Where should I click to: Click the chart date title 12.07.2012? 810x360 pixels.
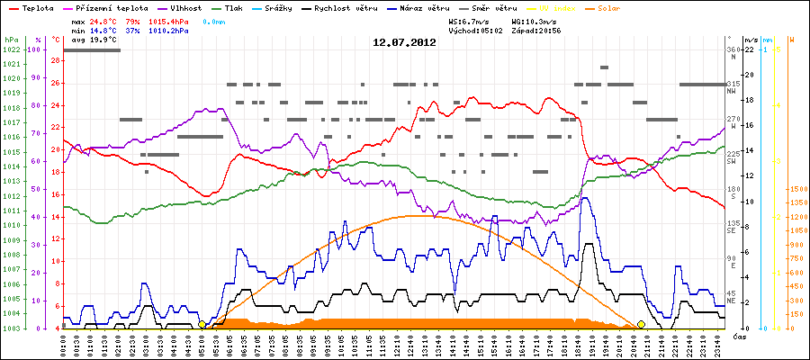pyautogui.click(x=404, y=42)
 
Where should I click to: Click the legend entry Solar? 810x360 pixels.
pyautogui.click(x=620, y=8)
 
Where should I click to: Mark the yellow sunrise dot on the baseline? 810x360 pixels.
pyautogui.click(x=202, y=324)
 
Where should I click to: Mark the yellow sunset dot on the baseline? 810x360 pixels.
pyautogui.click(x=641, y=324)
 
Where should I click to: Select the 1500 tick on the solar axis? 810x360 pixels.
pyautogui.click(x=797, y=190)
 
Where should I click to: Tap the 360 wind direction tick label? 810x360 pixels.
pyautogui.click(x=733, y=49)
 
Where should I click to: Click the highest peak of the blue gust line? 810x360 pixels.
pyautogui.click(x=585, y=198)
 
